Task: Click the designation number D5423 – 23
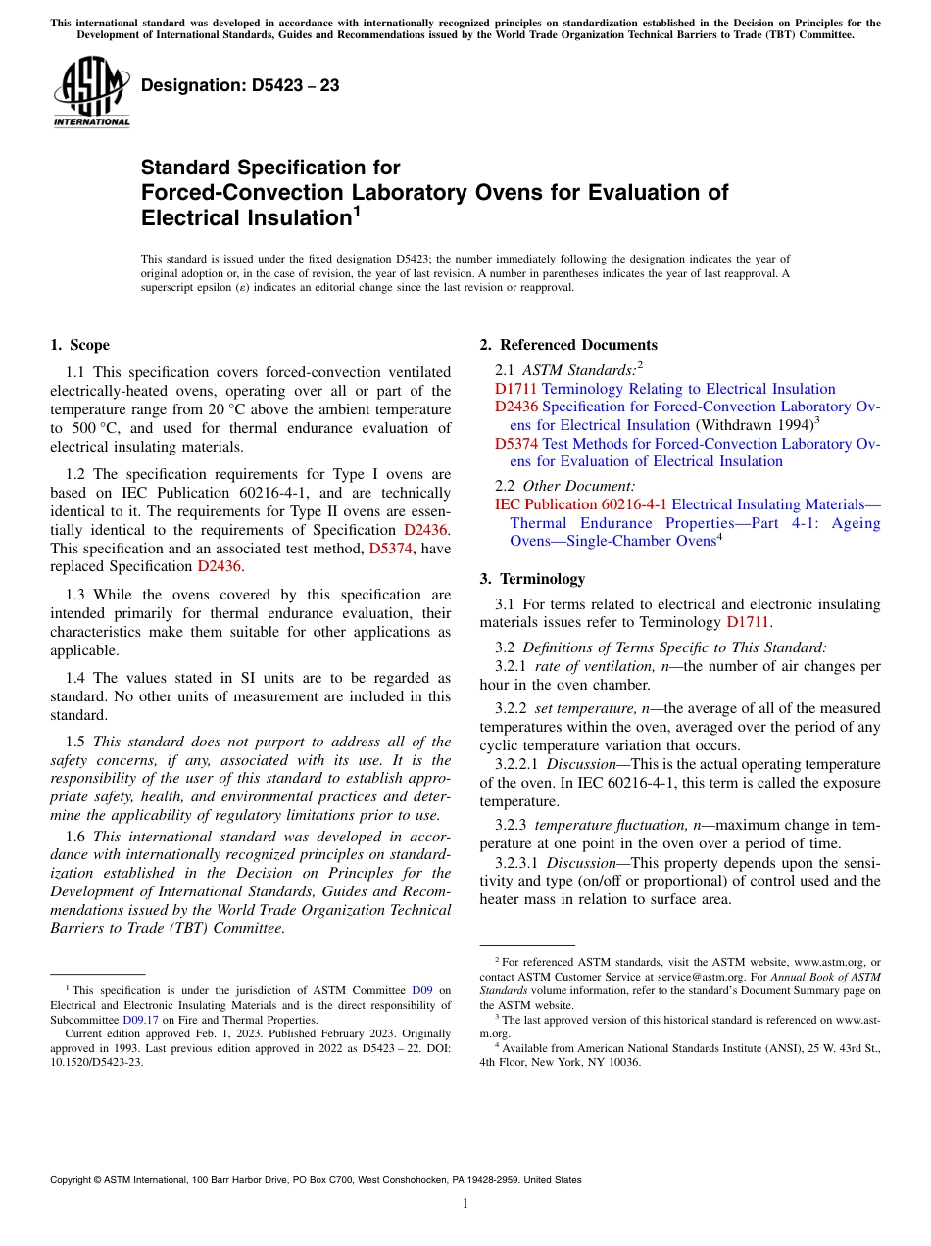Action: point(240,86)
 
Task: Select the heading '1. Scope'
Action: point(79,345)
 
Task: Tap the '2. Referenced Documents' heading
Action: point(568,345)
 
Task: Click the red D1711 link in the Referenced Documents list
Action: point(516,389)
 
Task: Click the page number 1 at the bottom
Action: point(465,1204)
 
